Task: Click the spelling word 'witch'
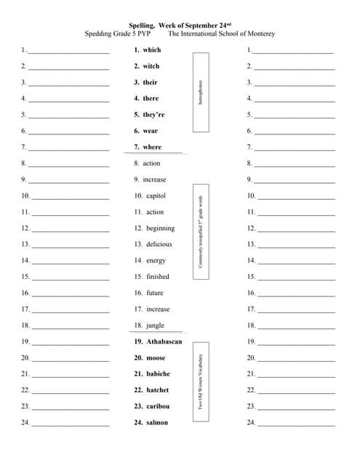coord(151,66)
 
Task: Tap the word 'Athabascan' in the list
coord(164,341)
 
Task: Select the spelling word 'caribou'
coord(157,406)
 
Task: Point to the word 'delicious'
coord(159,244)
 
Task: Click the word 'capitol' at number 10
coord(156,195)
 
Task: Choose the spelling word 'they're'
coord(153,115)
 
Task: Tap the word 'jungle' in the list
coord(155,325)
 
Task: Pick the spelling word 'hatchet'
coord(157,390)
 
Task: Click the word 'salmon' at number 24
coord(156,422)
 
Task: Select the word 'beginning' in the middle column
coord(160,228)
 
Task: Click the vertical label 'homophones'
coord(201,92)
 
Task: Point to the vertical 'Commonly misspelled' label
coord(201,232)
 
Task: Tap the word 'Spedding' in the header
coord(100,34)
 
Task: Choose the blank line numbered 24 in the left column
coord(71,424)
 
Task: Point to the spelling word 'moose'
coord(155,357)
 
